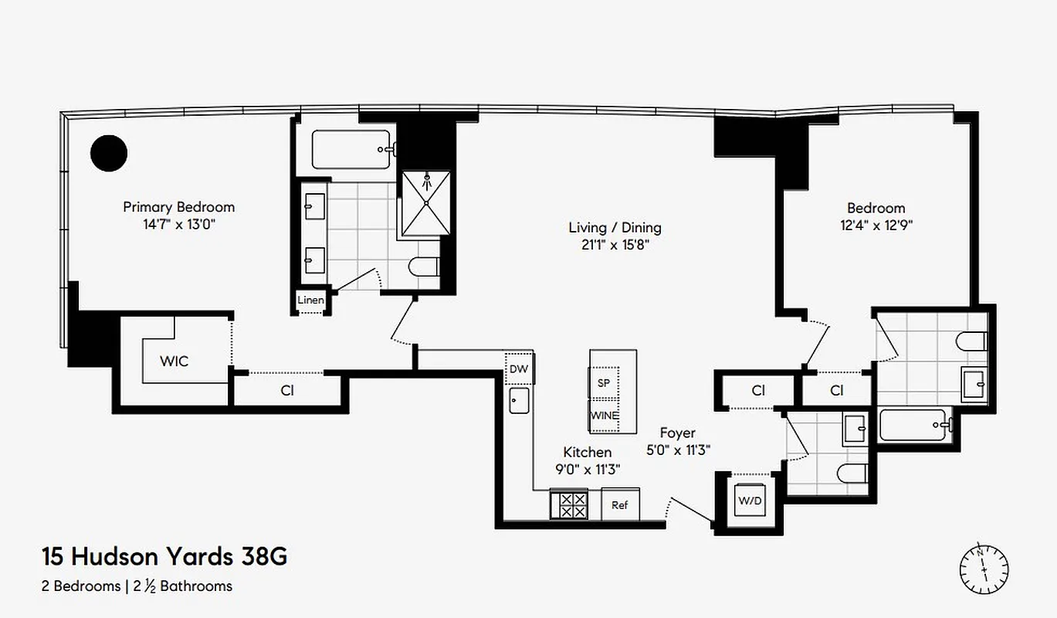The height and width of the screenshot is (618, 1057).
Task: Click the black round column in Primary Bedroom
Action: click(x=109, y=153)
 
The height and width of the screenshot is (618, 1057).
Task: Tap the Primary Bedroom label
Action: click(x=178, y=207)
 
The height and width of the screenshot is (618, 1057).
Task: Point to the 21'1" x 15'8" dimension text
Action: click(x=615, y=246)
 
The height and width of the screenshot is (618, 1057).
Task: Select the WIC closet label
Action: click(x=174, y=361)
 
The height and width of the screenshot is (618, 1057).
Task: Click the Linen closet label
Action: click(x=311, y=300)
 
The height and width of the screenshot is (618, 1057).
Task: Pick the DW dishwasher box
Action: click(x=519, y=368)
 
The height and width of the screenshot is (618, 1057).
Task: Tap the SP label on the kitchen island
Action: click(x=604, y=382)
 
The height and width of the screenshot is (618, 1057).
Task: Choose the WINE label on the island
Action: click(x=605, y=416)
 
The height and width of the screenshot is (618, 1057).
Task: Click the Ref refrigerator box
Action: click(x=620, y=505)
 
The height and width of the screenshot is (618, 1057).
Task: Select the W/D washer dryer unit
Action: click(x=750, y=501)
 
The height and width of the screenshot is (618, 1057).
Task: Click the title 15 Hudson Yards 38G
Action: click(x=164, y=556)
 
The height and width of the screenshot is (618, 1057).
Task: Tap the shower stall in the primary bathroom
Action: click(x=426, y=203)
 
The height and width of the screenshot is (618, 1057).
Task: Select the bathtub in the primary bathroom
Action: click(x=351, y=149)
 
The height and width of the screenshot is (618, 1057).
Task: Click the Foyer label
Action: click(x=677, y=433)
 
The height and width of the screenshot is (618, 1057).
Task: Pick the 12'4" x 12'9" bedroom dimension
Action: click(x=876, y=226)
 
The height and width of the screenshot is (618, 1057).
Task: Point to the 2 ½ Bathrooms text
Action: click(x=185, y=586)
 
